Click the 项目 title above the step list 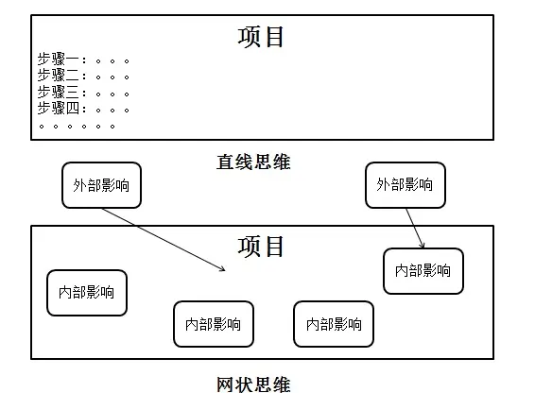point(262,37)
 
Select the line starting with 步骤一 point(83,60)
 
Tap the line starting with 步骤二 point(83,76)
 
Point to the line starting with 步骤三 point(83,92)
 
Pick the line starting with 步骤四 point(83,108)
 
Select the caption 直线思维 point(253,162)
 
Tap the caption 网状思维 point(253,384)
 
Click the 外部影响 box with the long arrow point(101,184)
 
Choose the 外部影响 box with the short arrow point(405,184)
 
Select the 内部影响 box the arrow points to point(423,271)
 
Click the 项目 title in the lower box point(262,247)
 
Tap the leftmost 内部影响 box point(86,293)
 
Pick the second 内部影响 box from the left point(213,324)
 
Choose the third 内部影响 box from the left point(334,324)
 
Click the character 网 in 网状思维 point(225,384)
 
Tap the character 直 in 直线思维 point(225,162)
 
